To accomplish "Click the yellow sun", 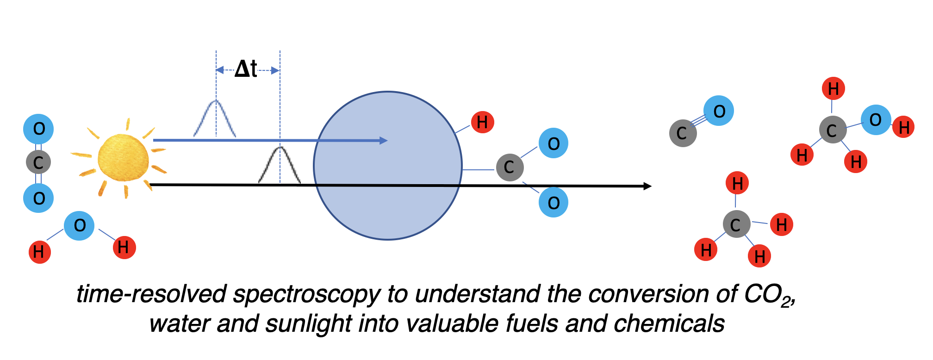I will point(123,158).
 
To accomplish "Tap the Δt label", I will point(246,69).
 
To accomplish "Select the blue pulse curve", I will point(215,118).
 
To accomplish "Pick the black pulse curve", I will point(280,165).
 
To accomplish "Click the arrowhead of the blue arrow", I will point(383,141).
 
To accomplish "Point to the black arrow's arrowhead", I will point(647,186).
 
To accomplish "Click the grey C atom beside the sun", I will point(38,162).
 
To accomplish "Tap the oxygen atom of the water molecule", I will point(79,225).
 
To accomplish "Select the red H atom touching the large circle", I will point(482,122).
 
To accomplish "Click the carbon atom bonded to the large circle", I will point(510,167).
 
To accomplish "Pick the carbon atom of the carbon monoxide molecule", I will point(683,133).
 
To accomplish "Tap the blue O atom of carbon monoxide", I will point(719,111).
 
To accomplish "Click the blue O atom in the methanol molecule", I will point(876,120).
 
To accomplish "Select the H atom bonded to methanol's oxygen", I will point(903,127).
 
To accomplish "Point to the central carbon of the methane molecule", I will point(736,224).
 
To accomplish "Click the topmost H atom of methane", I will point(737,183).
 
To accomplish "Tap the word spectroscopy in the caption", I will point(306,295).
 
